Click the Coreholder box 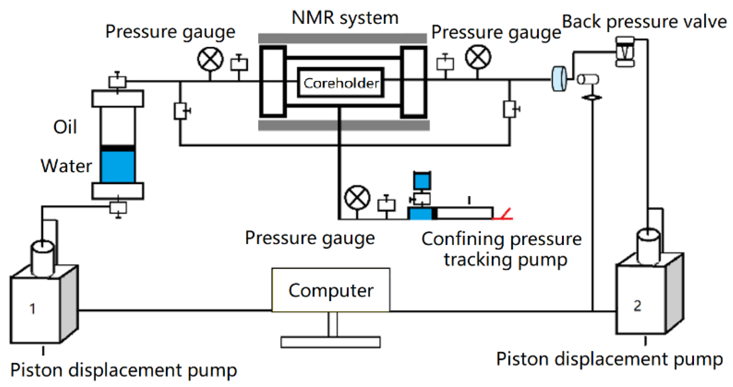click(x=341, y=83)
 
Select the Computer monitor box click(x=331, y=290)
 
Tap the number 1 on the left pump click(x=32, y=309)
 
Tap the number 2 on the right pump click(x=637, y=306)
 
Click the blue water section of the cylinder click(x=118, y=167)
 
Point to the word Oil click(x=65, y=127)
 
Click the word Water click(x=67, y=166)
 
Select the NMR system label click(x=345, y=18)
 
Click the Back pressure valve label click(x=644, y=22)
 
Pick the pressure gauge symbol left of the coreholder click(x=210, y=59)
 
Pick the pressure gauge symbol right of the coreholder click(x=478, y=57)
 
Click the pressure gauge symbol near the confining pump click(x=357, y=197)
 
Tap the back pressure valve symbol click(x=625, y=52)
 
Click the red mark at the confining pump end click(x=504, y=215)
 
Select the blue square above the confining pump click(x=422, y=180)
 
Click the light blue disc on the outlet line click(x=559, y=79)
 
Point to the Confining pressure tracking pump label click(x=502, y=249)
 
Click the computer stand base click(x=331, y=342)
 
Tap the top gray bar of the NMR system click(x=342, y=38)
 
